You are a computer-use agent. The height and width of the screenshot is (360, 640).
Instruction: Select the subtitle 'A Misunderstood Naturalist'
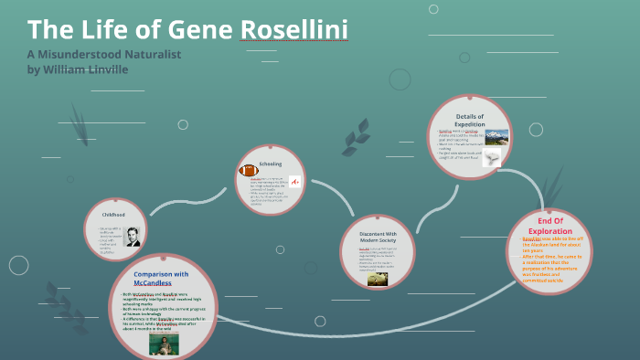(104, 54)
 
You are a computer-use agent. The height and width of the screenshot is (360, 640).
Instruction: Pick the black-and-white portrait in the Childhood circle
(133, 237)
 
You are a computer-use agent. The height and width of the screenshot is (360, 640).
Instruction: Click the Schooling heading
(271, 164)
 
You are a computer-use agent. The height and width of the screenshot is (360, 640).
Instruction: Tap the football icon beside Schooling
(248, 171)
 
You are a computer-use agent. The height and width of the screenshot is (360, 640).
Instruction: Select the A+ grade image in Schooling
(294, 182)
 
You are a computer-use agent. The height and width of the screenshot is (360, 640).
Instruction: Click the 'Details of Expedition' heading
(469, 121)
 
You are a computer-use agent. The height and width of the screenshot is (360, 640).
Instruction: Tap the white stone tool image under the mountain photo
(493, 159)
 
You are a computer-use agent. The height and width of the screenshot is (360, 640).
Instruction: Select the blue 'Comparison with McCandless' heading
(161, 279)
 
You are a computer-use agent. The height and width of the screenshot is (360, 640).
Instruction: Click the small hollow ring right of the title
(399, 79)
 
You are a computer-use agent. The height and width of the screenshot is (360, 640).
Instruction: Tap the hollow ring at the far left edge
(18, 265)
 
